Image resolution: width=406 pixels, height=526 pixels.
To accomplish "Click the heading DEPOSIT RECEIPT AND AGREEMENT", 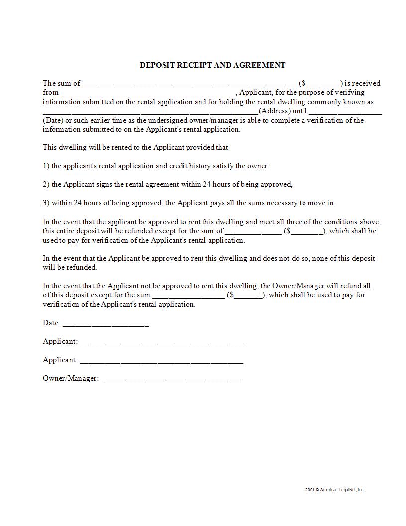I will (x=212, y=65).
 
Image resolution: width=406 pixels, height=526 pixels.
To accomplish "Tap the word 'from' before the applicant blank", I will (x=51, y=92).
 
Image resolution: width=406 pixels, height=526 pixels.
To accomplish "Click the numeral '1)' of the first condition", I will (x=46, y=166).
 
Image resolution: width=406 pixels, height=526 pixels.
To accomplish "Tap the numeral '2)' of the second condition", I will (x=46, y=184).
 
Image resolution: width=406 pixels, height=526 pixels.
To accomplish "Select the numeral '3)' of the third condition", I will (x=46, y=203).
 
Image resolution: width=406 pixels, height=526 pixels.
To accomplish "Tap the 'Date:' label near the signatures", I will (x=51, y=323).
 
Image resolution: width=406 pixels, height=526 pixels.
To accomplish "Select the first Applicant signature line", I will (x=161, y=343).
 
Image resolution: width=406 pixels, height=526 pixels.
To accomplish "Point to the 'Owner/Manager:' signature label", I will (x=70, y=378).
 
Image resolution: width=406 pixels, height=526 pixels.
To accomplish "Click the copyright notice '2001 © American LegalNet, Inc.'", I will (x=335, y=490).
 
